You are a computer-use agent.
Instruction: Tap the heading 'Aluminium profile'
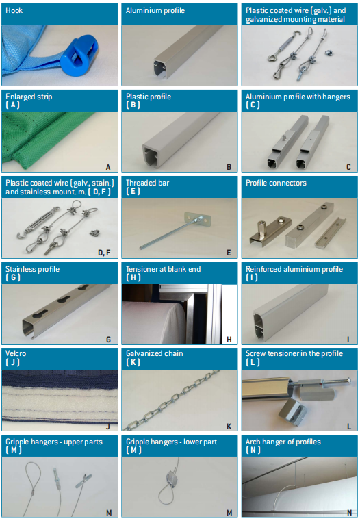pos(155,10)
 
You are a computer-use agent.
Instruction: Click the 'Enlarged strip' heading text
pos(29,97)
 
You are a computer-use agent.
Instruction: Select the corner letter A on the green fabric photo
pos(108,167)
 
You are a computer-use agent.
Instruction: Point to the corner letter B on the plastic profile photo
pos(229,167)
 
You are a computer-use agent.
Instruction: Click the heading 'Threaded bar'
pos(147,183)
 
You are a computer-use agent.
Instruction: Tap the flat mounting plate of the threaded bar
pos(197,219)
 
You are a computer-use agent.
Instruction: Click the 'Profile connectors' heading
pos(276,183)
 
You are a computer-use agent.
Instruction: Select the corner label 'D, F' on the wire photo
pos(104,253)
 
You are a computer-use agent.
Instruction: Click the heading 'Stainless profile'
pos(33,269)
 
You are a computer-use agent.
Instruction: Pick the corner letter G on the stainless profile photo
pos(108,340)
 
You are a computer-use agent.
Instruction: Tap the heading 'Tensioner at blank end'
pos(163,269)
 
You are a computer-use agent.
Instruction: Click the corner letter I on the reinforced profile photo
pos(348,340)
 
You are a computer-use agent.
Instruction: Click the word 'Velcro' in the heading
pos(16,353)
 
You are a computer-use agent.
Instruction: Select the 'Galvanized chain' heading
pos(155,353)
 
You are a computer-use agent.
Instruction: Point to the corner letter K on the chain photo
pos(229,427)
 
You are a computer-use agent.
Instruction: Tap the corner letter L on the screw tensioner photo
pos(349,427)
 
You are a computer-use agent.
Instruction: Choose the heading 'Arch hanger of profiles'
pos(283,442)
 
